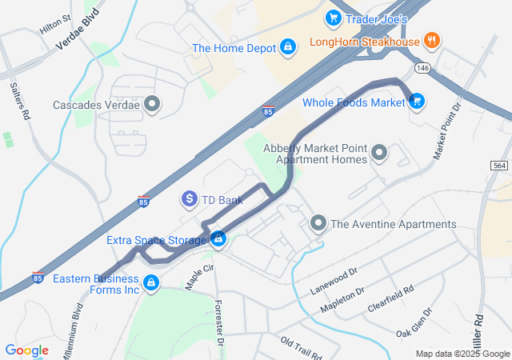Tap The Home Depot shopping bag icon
point(286,48)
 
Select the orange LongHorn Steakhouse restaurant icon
point(432,41)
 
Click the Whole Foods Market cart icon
point(416,101)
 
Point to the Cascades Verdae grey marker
point(153,104)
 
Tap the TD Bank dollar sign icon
point(190,198)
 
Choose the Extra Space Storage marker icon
point(217,239)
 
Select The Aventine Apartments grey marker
point(318,223)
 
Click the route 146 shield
point(423,70)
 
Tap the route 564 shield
point(498,164)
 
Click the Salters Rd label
point(20,100)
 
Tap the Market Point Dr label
point(448,130)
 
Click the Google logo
point(26,350)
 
